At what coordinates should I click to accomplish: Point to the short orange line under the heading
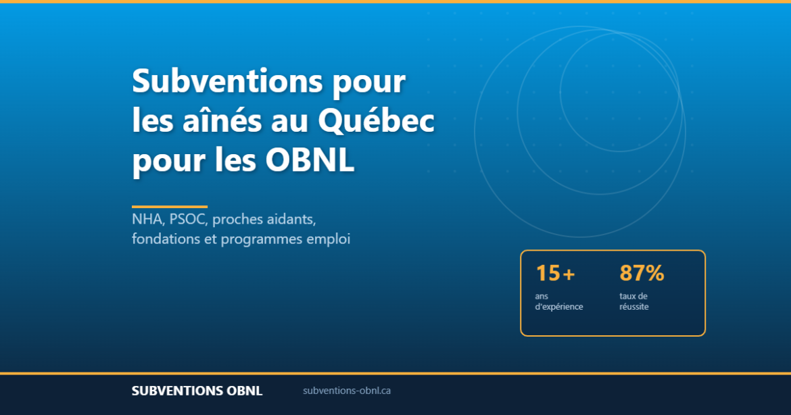pyautogui.click(x=169, y=206)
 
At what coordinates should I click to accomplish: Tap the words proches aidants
pyautogui.click(x=264, y=220)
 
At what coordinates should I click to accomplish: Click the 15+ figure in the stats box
pyautogui.click(x=555, y=274)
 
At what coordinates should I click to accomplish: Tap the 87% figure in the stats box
pyautogui.click(x=642, y=274)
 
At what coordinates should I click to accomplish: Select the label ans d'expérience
pyautogui.click(x=558, y=301)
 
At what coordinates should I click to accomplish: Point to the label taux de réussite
pyautogui.click(x=633, y=301)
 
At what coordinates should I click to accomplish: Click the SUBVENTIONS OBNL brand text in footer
pyautogui.click(x=197, y=391)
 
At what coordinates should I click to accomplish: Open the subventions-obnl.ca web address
pyautogui.click(x=347, y=391)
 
